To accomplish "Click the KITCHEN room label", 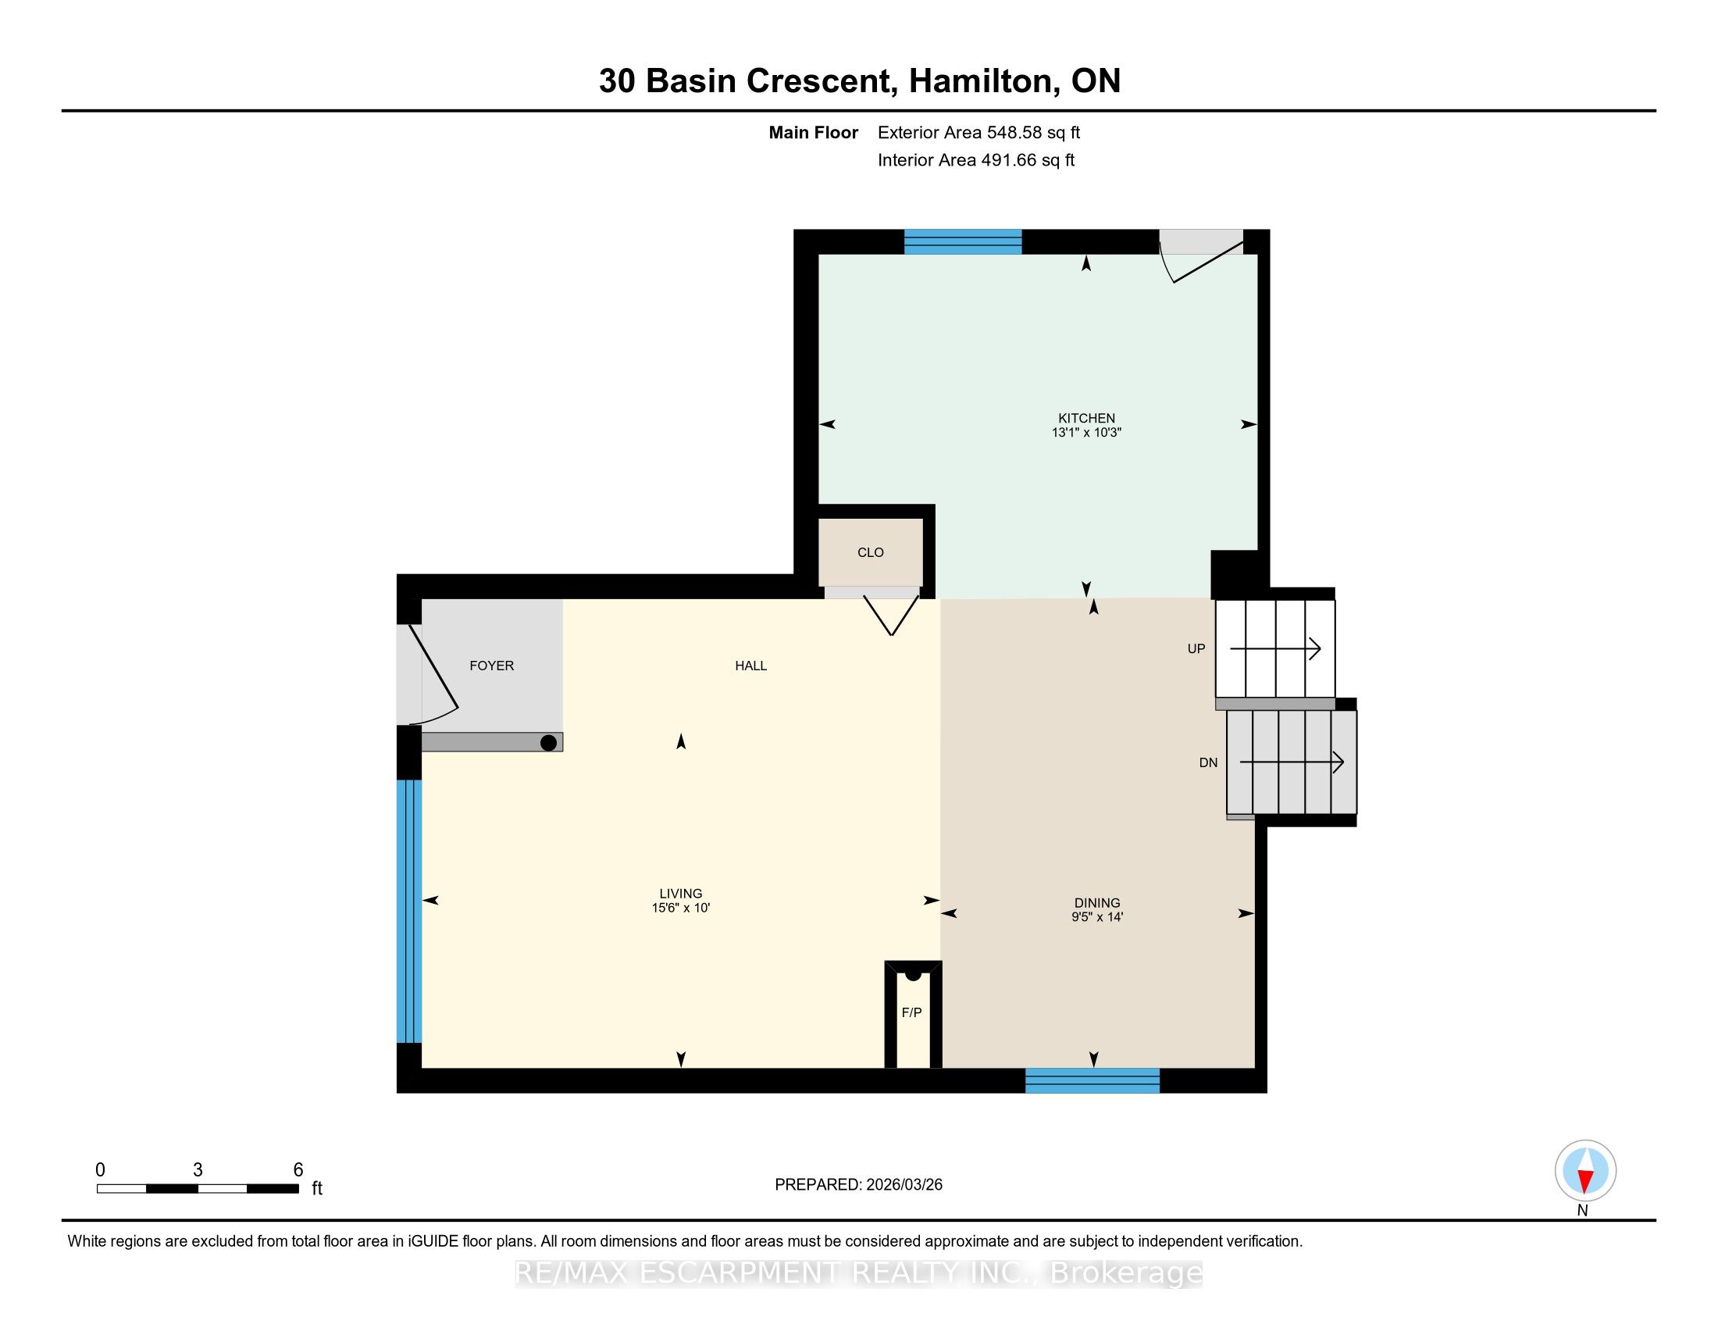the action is pyautogui.click(x=1086, y=418).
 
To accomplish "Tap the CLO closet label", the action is pyautogui.click(x=870, y=552).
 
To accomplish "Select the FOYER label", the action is pyautogui.click(x=492, y=666).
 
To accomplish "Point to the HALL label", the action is pyautogui.click(x=750, y=666).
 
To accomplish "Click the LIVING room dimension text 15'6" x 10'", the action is pyautogui.click(x=681, y=908).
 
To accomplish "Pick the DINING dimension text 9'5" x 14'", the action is pyautogui.click(x=1097, y=917).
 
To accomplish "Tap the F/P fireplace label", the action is pyautogui.click(x=911, y=1012).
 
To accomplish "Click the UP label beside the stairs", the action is pyautogui.click(x=1196, y=649).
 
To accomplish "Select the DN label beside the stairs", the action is pyautogui.click(x=1208, y=762).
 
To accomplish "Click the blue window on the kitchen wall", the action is pyautogui.click(x=963, y=241).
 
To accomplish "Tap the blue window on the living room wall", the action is pyautogui.click(x=409, y=911).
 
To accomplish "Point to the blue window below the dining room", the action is pyautogui.click(x=1092, y=1080).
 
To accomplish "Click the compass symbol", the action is pyautogui.click(x=1585, y=1171).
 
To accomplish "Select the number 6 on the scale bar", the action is pyautogui.click(x=298, y=1170).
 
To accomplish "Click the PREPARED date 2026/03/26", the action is pyautogui.click(x=904, y=1185).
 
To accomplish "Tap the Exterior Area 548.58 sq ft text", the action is pyautogui.click(x=979, y=133).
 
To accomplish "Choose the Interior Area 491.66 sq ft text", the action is pyautogui.click(x=976, y=160).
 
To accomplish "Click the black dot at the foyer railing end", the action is pyautogui.click(x=549, y=742).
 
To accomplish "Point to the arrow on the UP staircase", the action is pyautogui.click(x=1275, y=648).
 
